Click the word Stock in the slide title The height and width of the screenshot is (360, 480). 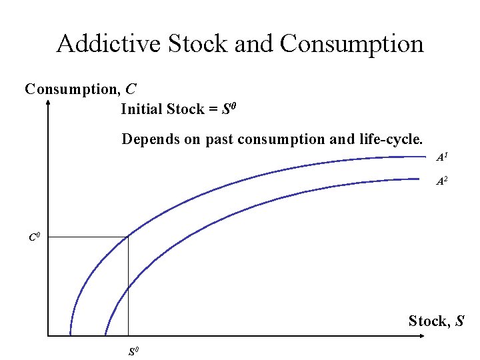tap(189, 44)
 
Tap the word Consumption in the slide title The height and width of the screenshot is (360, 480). tap(351, 44)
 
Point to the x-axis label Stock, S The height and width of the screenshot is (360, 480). tap(437, 321)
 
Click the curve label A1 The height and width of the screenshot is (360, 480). tap(442, 158)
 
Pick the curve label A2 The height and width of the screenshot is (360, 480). tap(442, 181)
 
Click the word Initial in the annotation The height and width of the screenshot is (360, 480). tap(141, 109)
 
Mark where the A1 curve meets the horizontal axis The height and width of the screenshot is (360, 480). tap(70, 334)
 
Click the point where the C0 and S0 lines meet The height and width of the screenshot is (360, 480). tap(128, 237)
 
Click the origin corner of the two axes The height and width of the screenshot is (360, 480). tap(49, 335)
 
